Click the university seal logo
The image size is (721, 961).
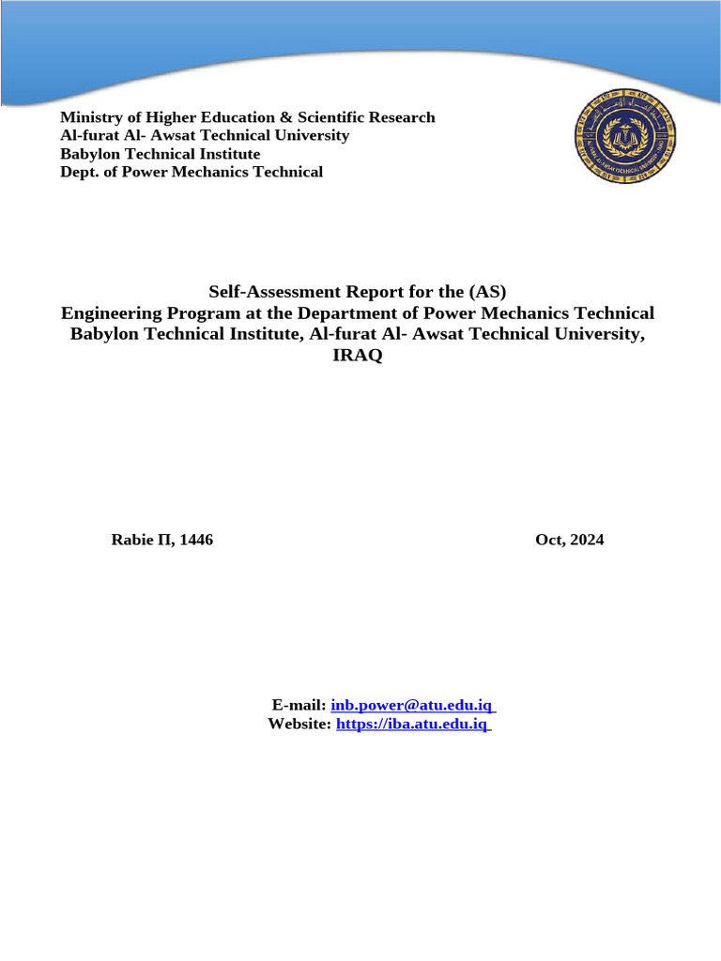(625, 136)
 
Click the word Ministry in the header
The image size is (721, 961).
(90, 117)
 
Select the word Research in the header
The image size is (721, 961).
(405, 117)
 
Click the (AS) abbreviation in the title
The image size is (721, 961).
(488, 292)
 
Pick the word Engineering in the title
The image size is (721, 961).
(110, 313)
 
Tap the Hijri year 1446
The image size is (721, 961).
(195, 540)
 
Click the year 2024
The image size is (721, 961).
(586, 540)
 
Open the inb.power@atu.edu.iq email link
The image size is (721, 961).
(412, 705)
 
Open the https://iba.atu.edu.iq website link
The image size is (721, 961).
(412, 724)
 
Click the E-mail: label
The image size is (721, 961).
(299, 705)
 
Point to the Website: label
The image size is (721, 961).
(299, 724)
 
